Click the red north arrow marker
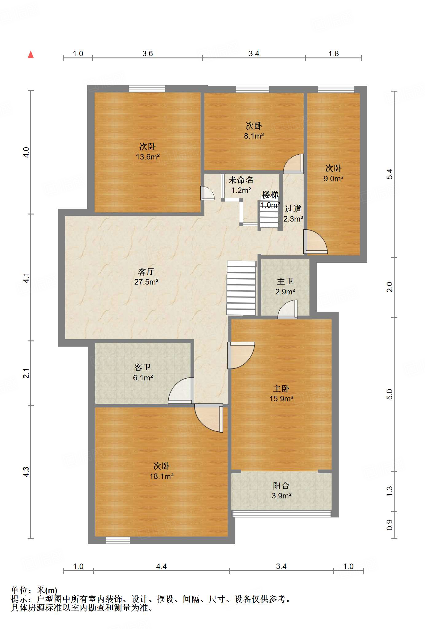click(x=31, y=55)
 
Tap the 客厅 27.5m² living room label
click(x=146, y=277)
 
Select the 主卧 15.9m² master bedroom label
click(x=281, y=394)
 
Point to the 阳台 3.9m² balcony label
click(x=281, y=490)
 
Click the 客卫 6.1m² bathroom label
click(x=143, y=372)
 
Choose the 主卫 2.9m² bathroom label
click(x=285, y=286)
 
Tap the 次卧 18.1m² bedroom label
click(x=161, y=471)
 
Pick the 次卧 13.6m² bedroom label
click(x=148, y=151)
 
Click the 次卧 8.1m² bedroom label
click(x=254, y=131)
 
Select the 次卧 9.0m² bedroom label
click(x=333, y=173)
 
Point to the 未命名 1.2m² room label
click(x=241, y=185)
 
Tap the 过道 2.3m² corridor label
click(x=293, y=214)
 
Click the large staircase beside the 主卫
click(x=241, y=288)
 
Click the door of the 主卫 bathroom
click(x=288, y=309)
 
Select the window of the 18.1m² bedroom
click(x=118, y=540)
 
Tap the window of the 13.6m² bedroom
click(x=147, y=89)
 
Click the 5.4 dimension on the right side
click(x=389, y=174)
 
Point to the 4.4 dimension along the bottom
click(x=161, y=566)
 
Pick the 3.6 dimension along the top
click(x=148, y=53)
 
